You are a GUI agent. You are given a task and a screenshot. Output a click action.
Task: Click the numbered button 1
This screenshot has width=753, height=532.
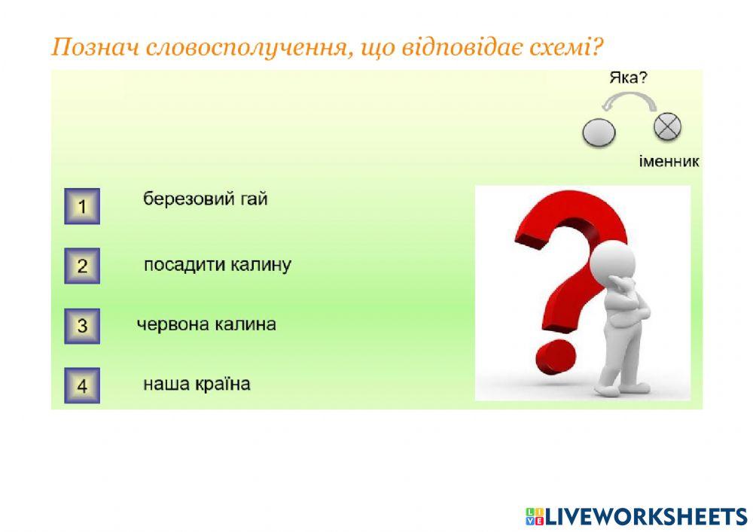point(82,206)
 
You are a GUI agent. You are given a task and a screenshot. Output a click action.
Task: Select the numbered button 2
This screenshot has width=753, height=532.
point(82,266)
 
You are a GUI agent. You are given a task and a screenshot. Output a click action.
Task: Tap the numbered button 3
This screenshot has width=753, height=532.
point(82,327)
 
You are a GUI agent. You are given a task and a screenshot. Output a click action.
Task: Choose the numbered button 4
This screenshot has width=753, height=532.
point(82,386)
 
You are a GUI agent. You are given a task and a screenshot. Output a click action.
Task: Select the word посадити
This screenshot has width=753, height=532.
point(179,265)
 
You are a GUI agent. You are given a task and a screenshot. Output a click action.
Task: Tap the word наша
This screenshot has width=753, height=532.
point(164,384)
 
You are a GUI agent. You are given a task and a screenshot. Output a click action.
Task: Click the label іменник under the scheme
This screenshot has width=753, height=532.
point(669,161)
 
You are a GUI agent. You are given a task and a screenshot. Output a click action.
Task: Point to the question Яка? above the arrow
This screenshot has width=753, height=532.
point(629,78)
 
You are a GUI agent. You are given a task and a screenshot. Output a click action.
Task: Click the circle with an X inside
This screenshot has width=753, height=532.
point(667,127)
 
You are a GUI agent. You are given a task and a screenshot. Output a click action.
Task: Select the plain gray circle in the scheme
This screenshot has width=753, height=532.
point(599,133)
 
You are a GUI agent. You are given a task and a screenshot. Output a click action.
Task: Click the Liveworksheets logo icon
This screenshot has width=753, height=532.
point(535,515)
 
